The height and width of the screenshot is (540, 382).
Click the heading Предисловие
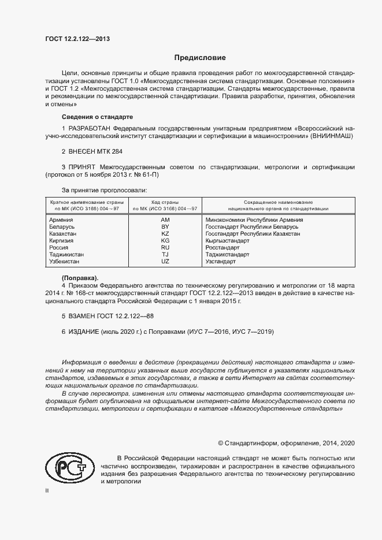pyautogui.click(x=200, y=58)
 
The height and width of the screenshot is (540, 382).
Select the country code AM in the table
pyautogui.click(x=165, y=220)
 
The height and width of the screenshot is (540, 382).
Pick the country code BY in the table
pyautogui.click(x=165, y=227)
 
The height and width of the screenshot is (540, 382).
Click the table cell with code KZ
pyautogui.click(x=165, y=234)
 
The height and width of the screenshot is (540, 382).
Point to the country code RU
pyautogui.click(x=165, y=248)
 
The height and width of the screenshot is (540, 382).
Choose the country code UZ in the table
pyautogui.click(x=165, y=262)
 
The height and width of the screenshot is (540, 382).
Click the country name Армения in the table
pyautogui.click(x=61, y=220)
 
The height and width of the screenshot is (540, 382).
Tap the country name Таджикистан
pyautogui.click(x=66, y=255)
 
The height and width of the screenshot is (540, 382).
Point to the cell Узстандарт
pyautogui.click(x=221, y=262)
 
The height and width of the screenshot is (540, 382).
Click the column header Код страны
pyautogui.click(x=165, y=202)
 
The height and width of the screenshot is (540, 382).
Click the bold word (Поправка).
pyautogui.click(x=80, y=278)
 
